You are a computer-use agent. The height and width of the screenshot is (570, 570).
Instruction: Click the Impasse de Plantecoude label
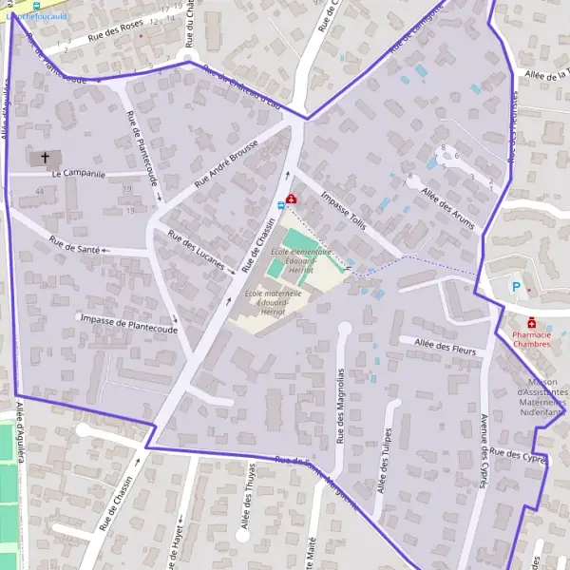130,322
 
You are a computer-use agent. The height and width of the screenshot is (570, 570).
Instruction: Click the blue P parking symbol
517,287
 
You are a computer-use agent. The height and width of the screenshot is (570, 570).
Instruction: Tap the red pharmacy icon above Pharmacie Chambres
531,322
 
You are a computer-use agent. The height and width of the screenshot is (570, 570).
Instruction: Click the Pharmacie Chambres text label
531,339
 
